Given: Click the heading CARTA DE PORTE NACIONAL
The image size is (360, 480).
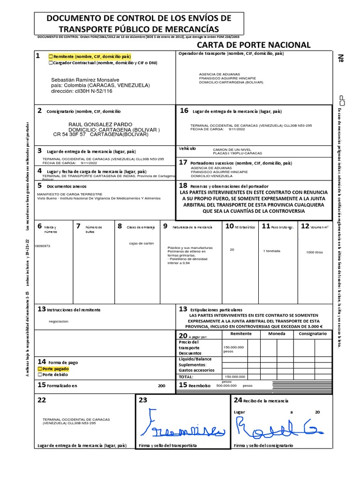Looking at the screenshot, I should pyautogui.click(x=253, y=45).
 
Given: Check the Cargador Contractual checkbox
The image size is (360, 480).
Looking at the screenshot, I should pyautogui.click(x=51, y=63).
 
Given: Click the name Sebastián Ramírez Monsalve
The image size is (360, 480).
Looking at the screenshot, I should pyautogui.click(x=85, y=80).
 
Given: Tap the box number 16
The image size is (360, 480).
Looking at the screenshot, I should pyautogui.click(x=184, y=111).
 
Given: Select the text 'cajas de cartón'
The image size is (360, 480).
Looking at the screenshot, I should pyautogui.click(x=142, y=243).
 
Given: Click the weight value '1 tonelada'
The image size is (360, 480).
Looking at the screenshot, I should pyautogui.click(x=272, y=251).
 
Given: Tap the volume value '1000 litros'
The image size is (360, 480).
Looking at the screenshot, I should pyautogui.click(x=315, y=252).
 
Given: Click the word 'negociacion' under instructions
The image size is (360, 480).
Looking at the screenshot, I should pyautogui.click(x=59, y=322).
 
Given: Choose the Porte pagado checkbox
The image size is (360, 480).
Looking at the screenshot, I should pyautogui.click(x=40, y=369).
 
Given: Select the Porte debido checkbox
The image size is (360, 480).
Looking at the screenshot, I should pyautogui.click(x=40, y=375).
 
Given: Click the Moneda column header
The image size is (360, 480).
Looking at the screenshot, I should pyautogui.click(x=276, y=334).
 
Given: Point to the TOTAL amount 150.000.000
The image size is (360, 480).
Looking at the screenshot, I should pyautogui.click(x=235, y=376).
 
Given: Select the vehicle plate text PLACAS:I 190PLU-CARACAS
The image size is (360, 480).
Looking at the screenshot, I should pyautogui.click(x=237, y=153).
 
